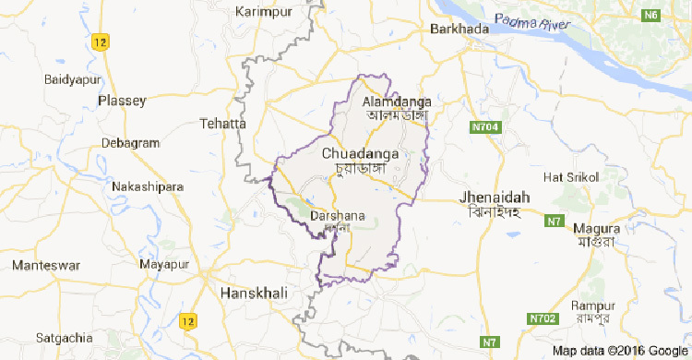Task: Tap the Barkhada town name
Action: [x=458, y=30]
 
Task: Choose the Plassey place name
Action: [x=123, y=100]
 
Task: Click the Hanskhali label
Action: [x=255, y=293]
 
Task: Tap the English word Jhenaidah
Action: [x=495, y=198]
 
